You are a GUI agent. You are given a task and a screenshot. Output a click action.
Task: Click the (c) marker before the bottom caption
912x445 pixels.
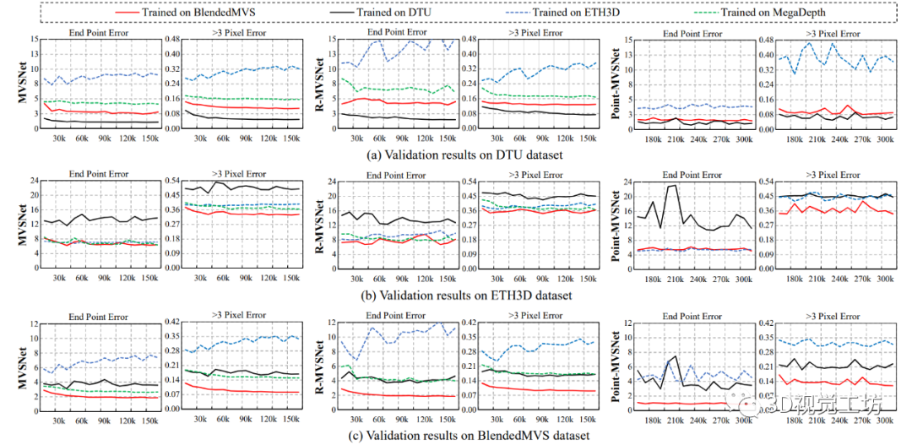(x=325, y=436)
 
